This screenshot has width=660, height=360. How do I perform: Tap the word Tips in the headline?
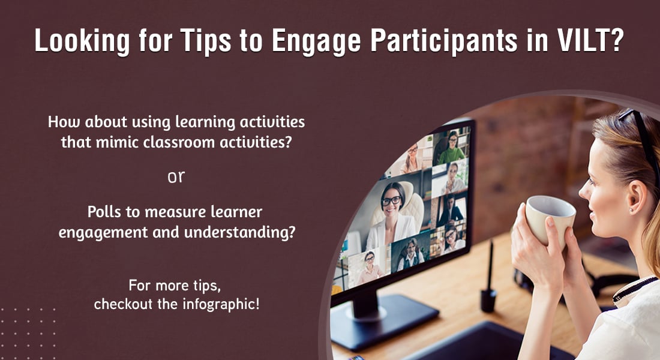click(206, 41)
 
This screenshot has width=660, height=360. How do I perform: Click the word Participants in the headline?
click(444, 41)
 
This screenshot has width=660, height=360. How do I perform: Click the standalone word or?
click(176, 177)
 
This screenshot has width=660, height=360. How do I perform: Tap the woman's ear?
click(635, 197)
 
